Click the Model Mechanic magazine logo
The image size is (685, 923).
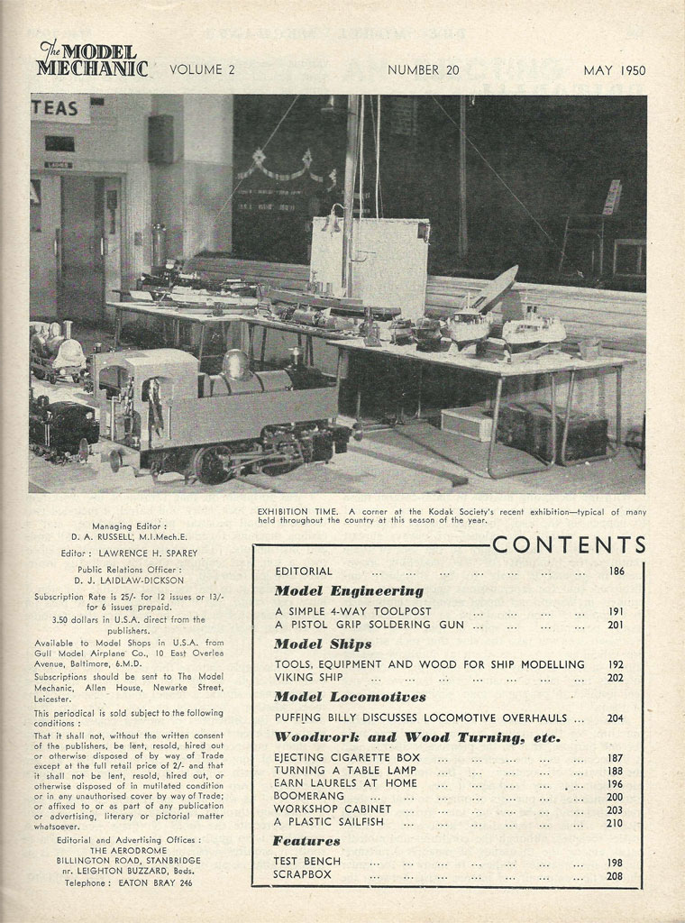91,59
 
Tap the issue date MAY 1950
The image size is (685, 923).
614,70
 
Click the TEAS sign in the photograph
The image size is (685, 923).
56,108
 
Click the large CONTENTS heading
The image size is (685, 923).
570,545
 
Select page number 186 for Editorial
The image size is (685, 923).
616,571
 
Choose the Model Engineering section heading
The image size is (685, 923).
348,591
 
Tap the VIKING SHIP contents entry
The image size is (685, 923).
307,677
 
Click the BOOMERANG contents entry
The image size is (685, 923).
308,797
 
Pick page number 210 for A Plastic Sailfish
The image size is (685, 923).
616,822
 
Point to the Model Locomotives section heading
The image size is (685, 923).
350,697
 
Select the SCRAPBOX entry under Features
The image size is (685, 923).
303,874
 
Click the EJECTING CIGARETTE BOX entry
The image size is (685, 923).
347,757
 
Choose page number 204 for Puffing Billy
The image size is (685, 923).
616,718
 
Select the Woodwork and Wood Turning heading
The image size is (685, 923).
416,737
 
